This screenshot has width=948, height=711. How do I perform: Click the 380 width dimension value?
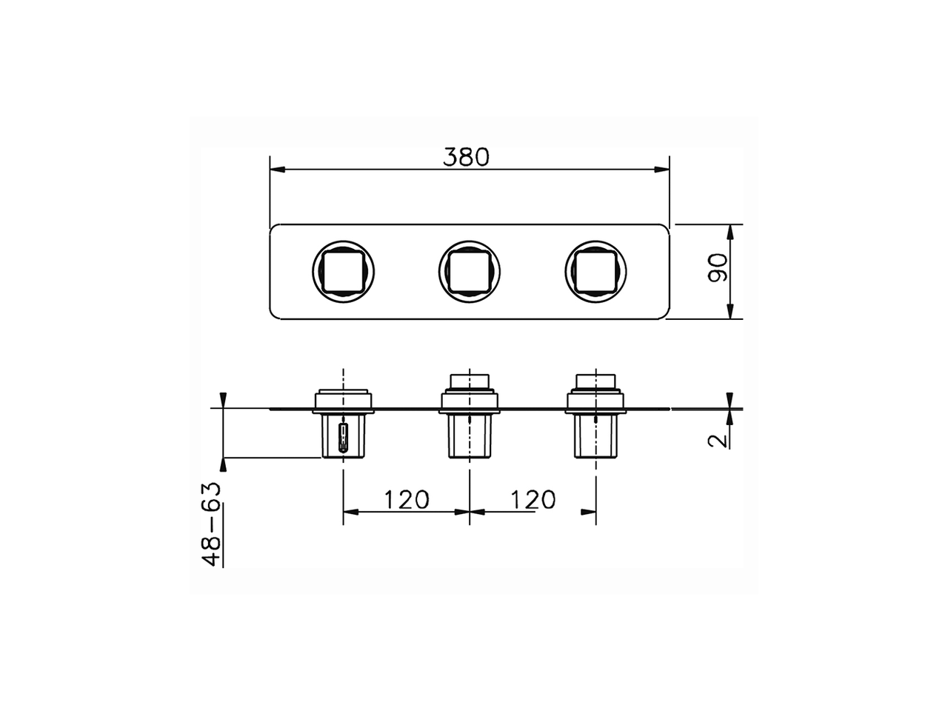tap(466, 157)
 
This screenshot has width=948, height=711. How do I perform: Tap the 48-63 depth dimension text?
tap(213, 524)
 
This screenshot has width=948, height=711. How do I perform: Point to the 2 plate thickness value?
tap(716, 440)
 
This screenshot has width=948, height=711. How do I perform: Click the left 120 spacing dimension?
tap(406, 500)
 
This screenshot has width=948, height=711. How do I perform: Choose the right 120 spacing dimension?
tap(533, 500)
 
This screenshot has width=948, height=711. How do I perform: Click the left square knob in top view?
tap(343, 271)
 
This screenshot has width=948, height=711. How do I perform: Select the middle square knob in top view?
tap(470, 271)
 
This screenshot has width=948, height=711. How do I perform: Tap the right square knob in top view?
tap(595, 271)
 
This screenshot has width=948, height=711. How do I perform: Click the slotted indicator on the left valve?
tap(342, 438)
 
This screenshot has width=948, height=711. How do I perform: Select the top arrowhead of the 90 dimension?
tap(730, 232)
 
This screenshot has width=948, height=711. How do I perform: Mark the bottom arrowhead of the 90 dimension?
tap(730, 312)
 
